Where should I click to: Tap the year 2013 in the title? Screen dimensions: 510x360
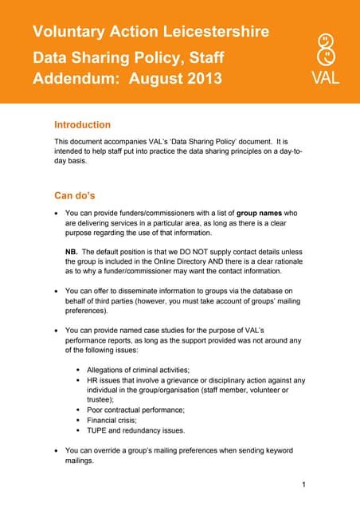200,80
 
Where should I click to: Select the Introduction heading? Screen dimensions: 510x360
82,125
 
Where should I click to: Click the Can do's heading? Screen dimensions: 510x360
76,194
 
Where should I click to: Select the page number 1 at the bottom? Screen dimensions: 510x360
305,484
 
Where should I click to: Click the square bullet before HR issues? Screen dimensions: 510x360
77,381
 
